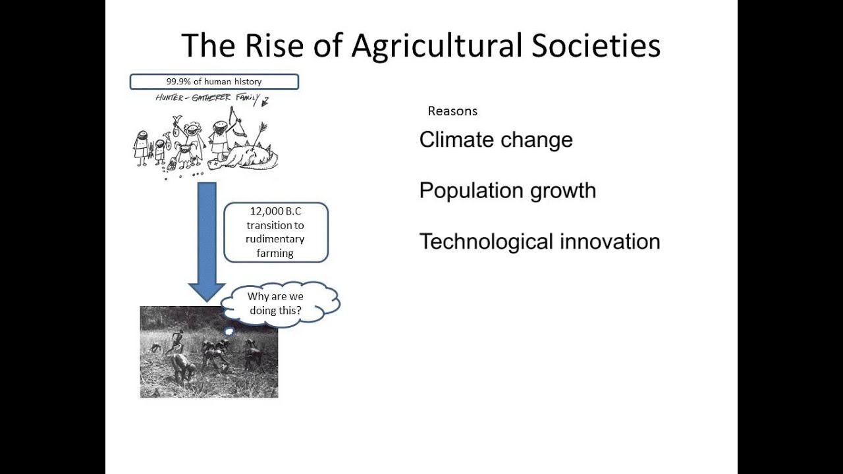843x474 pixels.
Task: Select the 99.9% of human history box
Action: coord(214,82)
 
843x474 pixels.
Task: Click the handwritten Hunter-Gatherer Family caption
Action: coord(207,99)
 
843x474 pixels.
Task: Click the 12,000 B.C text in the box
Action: coord(275,211)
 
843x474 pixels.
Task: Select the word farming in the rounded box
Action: coord(275,253)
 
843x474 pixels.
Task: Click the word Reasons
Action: coord(452,111)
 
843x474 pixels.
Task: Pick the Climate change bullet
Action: coord(496,140)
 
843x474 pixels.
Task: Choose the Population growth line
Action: coord(507,191)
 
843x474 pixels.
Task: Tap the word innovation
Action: coord(610,242)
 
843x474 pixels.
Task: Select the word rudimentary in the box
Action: coord(275,239)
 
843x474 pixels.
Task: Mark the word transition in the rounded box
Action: coord(275,225)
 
